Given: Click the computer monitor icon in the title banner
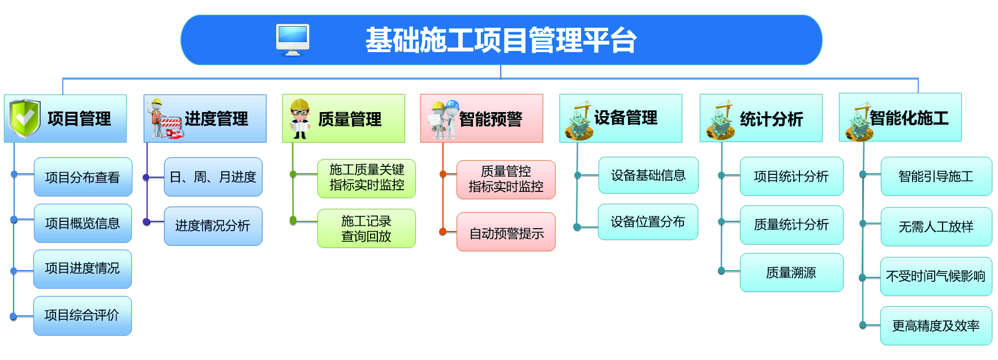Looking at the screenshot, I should [x=292, y=40].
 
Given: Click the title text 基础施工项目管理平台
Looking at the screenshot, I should [x=501, y=40].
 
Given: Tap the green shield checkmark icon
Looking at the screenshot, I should [x=24, y=118].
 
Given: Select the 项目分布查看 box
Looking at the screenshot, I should [x=83, y=177].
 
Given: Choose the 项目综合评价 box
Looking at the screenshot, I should [x=82, y=315].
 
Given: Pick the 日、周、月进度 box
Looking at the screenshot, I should [x=213, y=177].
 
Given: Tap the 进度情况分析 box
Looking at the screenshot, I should [x=213, y=226].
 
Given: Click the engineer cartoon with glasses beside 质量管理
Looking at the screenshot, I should [x=299, y=119].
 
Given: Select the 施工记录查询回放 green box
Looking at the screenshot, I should [x=366, y=229].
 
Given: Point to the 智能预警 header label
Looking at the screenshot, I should [x=490, y=119].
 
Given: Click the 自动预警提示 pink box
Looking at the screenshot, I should [x=506, y=232].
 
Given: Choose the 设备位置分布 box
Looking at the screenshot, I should [x=648, y=222].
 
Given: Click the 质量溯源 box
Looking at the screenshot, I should [x=791, y=273].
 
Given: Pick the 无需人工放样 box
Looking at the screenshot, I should [x=936, y=227].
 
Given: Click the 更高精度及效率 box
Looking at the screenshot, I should [x=936, y=326].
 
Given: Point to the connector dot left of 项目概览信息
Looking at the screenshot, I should [x=14, y=220].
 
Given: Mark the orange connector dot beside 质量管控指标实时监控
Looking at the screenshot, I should [x=444, y=174].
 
